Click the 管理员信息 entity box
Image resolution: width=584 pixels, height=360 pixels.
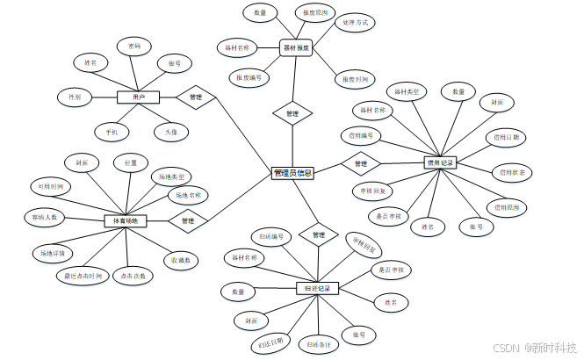(x=292, y=173)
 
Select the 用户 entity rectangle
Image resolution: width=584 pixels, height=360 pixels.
(x=139, y=97)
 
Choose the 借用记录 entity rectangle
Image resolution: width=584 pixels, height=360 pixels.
(x=439, y=162)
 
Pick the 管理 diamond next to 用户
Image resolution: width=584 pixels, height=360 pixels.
(x=196, y=97)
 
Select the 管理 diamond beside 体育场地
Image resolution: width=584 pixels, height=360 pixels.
(x=188, y=220)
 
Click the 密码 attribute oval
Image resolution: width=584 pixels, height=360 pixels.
(x=133, y=45)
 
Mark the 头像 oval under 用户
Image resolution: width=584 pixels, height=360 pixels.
(x=170, y=132)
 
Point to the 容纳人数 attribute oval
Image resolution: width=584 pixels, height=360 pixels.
(x=44, y=216)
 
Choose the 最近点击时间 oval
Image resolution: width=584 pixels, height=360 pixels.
(x=82, y=275)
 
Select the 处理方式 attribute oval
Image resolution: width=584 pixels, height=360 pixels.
(x=356, y=22)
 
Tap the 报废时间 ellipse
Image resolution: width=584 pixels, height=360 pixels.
(x=356, y=79)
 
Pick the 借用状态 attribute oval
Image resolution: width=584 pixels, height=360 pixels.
(x=509, y=172)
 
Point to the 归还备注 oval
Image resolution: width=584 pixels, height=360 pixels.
(x=317, y=342)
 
